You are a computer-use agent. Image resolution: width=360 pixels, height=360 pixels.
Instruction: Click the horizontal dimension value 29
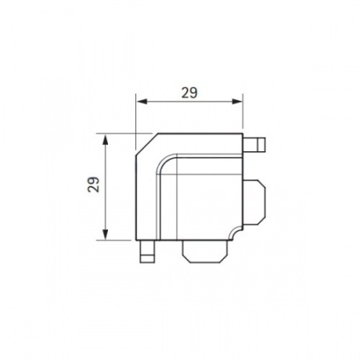[190, 93]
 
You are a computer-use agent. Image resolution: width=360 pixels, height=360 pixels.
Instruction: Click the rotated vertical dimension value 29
[94, 184]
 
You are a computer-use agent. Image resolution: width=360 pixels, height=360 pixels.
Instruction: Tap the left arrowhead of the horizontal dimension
[142, 102]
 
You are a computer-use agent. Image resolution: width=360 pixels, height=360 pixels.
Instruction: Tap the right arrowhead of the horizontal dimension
[238, 102]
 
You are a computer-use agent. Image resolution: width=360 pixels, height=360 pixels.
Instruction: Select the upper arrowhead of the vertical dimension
[106, 139]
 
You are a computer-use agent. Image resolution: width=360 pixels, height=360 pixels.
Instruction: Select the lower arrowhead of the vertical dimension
[106, 234]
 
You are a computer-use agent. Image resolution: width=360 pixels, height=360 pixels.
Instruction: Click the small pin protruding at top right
[254, 144]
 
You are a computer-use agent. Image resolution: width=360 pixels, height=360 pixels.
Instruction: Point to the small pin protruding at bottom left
[147, 251]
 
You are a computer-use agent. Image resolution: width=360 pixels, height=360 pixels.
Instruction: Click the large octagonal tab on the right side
[254, 202]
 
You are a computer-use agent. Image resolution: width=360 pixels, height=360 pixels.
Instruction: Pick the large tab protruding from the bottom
[205, 251]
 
